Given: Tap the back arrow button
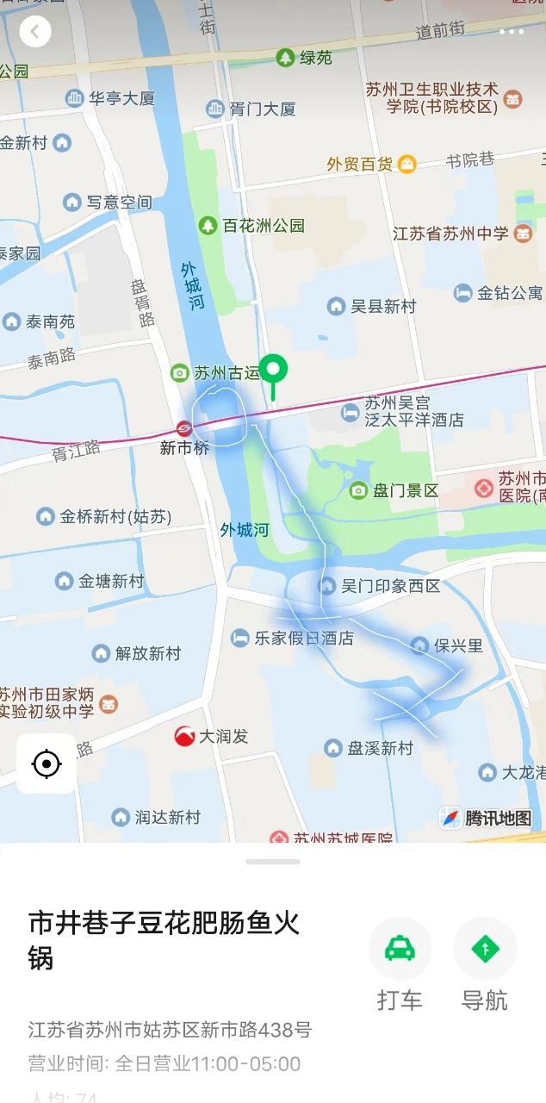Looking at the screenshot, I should point(35,32).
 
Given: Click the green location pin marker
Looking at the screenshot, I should point(274,371).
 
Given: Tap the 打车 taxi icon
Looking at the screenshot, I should point(400,949).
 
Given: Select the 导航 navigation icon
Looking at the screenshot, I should point(484,949).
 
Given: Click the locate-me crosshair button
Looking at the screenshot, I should point(47,763).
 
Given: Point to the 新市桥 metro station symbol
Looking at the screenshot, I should point(184,428).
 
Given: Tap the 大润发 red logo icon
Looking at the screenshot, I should point(184,736).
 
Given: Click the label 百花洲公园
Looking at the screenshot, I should point(264,226).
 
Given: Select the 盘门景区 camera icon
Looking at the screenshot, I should point(358,490).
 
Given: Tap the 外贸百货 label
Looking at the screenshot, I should point(360,164).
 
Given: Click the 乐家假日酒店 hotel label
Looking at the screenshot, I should point(303,639).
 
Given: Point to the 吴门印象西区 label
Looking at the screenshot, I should point(390,586).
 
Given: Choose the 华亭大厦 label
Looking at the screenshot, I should point(122,98).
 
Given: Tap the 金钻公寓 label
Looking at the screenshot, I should point(510,293).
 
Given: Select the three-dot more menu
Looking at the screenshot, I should point(511,32).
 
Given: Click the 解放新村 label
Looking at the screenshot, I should point(148,653).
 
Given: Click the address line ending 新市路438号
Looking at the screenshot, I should point(170,1030).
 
